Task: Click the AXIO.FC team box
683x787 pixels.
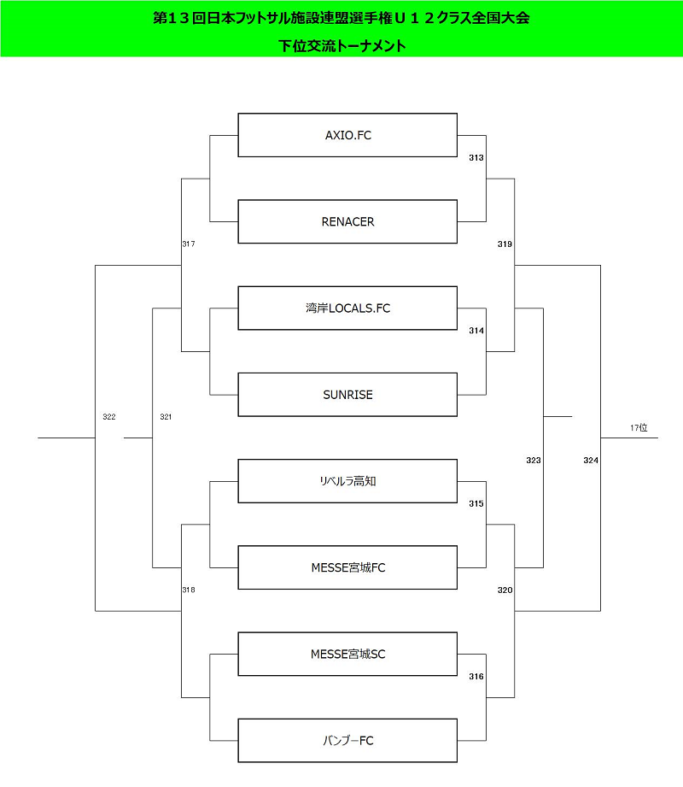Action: pyautogui.click(x=347, y=135)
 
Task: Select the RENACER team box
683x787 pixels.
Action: pyautogui.click(x=347, y=221)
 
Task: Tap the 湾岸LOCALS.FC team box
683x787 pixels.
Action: pyautogui.click(x=347, y=308)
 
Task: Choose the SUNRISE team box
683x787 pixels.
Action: pyautogui.click(x=347, y=395)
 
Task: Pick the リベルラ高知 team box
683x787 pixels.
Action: pyautogui.click(x=347, y=481)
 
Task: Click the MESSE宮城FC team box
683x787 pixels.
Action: pyautogui.click(x=347, y=567)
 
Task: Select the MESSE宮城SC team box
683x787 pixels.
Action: pyautogui.click(x=347, y=654)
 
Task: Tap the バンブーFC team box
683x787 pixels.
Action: pyautogui.click(x=347, y=740)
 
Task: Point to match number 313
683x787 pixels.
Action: pyautogui.click(x=476, y=157)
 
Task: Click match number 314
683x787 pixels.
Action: pyautogui.click(x=476, y=330)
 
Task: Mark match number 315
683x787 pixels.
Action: pyautogui.click(x=476, y=503)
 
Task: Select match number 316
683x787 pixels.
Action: pyautogui.click(x=476, y=677)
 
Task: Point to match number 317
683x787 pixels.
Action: pyautogui.click(x=189, y=244)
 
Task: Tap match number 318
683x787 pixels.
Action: pyautogui.click(x=189, y=590)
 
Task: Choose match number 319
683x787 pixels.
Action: pyautogui.click(x=505, y=244)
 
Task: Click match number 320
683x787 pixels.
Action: pyautogui.click(x=505, y=590)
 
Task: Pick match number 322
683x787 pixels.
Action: pyautogui.click(x=108, y=417)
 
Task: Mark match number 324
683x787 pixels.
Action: pyautogui.click(x=591, y=461)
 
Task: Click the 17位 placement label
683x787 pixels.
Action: pyautogui.click(x=639, y=427)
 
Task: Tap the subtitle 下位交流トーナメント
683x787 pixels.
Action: pyautogui.click(x=342, y=45)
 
